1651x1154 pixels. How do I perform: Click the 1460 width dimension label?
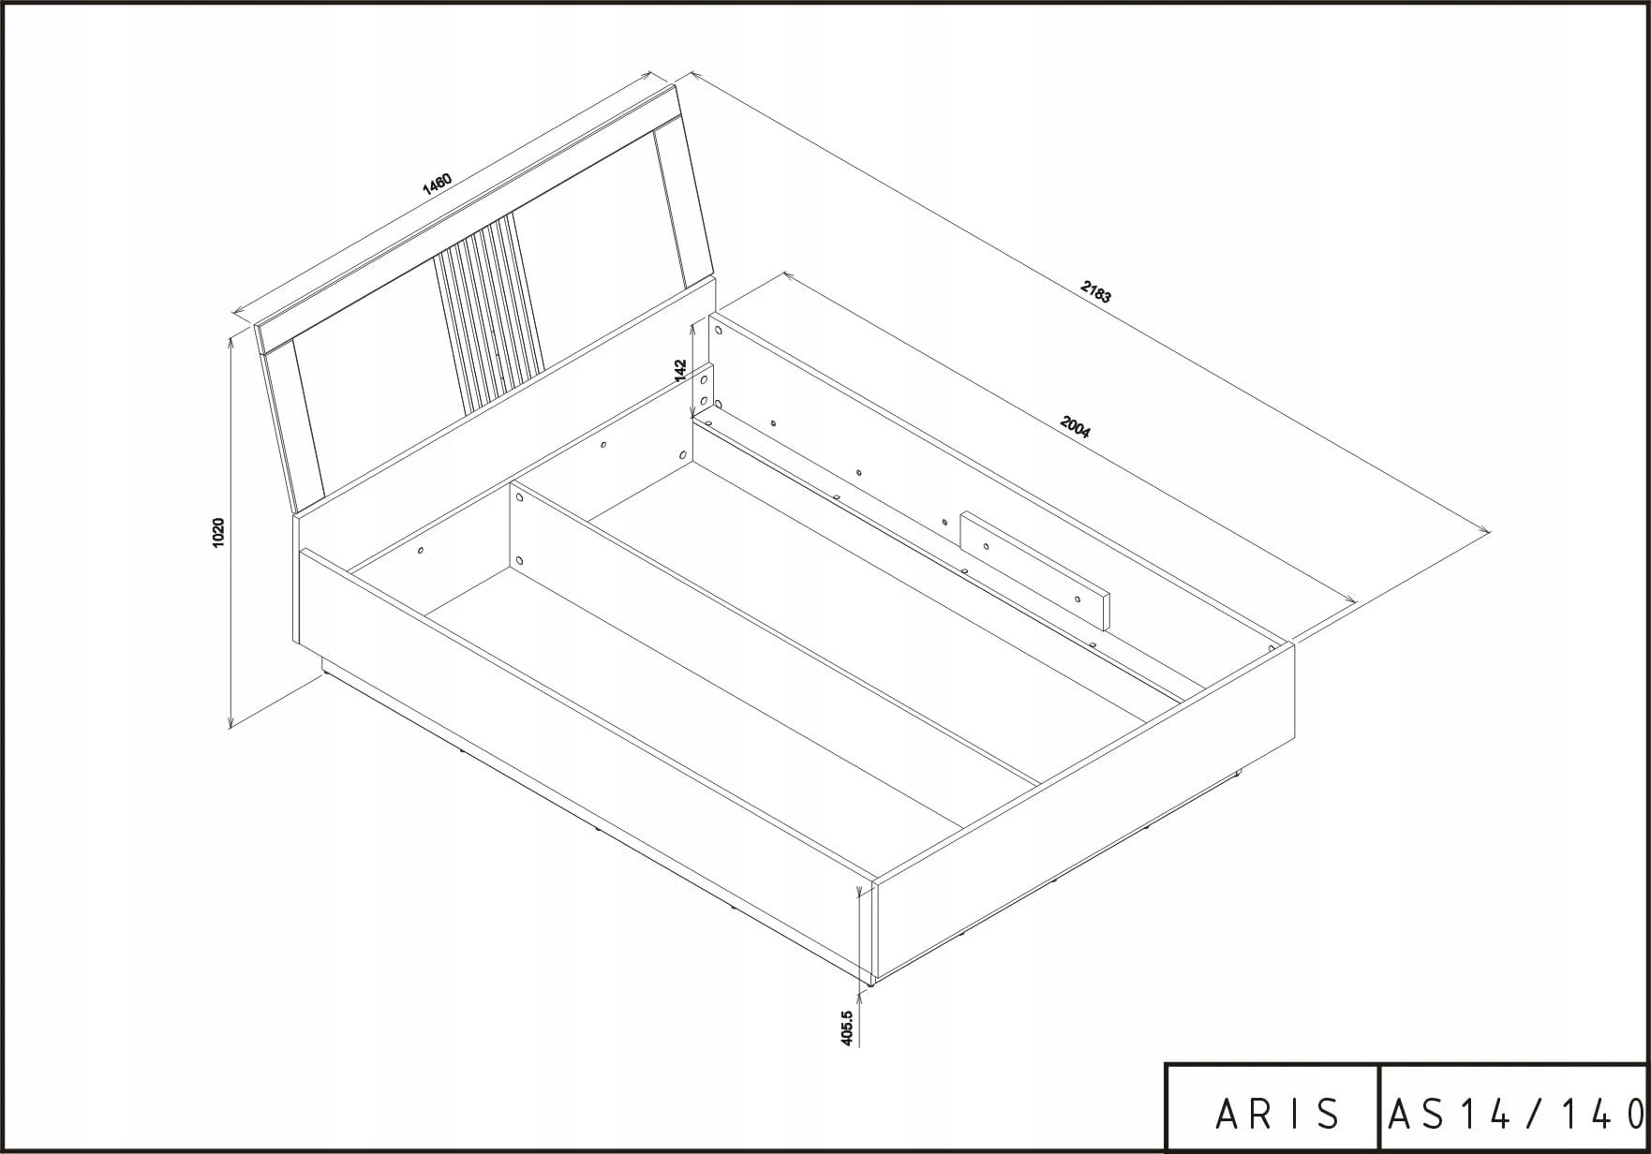[438, 183]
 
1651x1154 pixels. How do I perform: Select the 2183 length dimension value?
[1095, 292]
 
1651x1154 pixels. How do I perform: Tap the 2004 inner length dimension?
[1075, 426]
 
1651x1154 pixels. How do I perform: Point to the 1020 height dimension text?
[218, 532]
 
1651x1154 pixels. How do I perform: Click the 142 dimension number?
[681, 370]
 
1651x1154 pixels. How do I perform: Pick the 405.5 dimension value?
[847, 1028]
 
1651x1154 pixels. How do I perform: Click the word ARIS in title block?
[1276, 1114]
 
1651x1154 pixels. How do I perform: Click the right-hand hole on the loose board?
[1078, 599]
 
